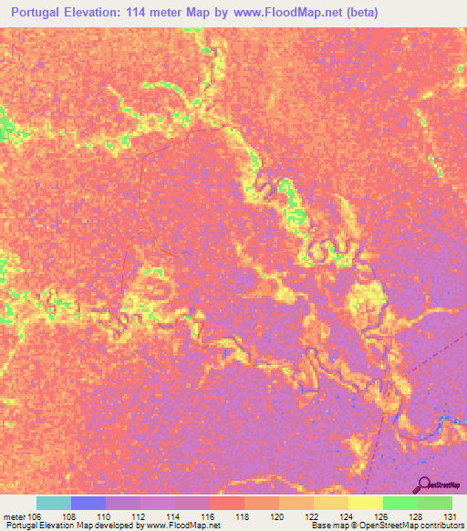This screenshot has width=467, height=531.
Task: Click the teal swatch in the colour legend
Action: [x=54, y=503]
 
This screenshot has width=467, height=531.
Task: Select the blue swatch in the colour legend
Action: [x=88, y=503]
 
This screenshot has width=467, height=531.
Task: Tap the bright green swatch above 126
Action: [x=400, y=503]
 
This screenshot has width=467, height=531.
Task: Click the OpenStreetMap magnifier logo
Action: [x=425, y=484]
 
